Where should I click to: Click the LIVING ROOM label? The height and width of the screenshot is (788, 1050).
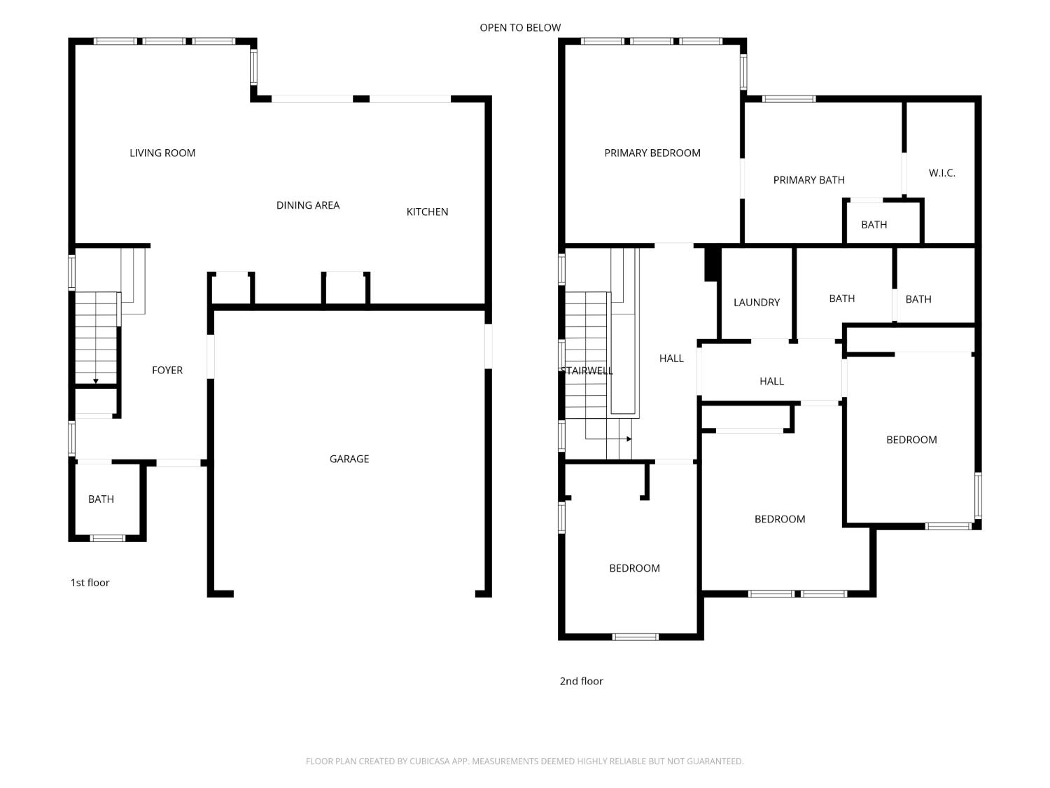coord(162,153)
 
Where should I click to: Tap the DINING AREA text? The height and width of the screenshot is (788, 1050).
coord(308,205)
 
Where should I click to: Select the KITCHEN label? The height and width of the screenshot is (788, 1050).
coord(427,212)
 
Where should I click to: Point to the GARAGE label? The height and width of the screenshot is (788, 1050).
coord(349,459)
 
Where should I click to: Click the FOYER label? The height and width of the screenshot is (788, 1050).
coord(167,370)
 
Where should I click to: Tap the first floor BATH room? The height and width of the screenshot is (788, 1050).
coord(101,499)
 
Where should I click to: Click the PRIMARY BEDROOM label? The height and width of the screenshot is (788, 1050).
coord(652,153)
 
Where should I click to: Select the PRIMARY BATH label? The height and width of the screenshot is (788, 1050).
coord(808,180)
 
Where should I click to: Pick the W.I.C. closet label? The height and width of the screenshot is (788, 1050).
coord(941,173)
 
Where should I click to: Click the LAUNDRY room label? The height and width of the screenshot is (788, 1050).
coord(756,303)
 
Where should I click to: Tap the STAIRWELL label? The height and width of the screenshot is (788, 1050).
coord(587,371)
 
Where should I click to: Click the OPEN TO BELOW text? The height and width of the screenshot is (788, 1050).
coord(520,28)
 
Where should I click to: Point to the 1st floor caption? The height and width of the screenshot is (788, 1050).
coord(90,583)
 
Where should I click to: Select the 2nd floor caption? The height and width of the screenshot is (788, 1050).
coord(581,681)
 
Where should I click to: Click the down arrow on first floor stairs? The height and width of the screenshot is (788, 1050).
coord(96,380)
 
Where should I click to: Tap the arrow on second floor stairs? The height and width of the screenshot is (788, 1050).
coord(628,439)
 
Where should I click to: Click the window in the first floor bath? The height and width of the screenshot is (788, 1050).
coord(107,538)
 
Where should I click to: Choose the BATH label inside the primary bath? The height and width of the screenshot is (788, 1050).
coord(874,225)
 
